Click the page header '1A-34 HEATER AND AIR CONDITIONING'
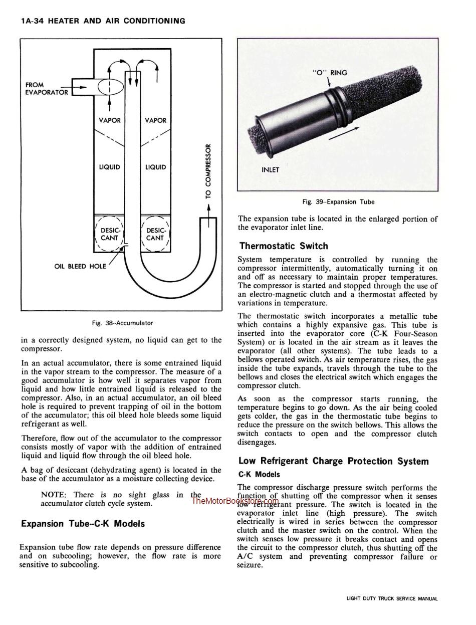103,21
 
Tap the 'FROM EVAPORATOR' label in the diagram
46,89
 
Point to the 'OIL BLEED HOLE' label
80,267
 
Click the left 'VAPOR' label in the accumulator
109,120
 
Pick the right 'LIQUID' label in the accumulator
155,167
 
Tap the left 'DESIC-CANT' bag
109,234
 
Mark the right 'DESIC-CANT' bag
155,234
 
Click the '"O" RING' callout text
330,73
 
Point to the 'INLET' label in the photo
271,170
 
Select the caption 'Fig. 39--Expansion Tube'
338,202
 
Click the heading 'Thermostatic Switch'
284,246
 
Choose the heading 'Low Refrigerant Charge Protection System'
333,461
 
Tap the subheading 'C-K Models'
259,474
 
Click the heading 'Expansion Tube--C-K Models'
83,524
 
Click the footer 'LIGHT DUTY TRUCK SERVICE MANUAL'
392,598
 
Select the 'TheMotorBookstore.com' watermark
235,501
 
